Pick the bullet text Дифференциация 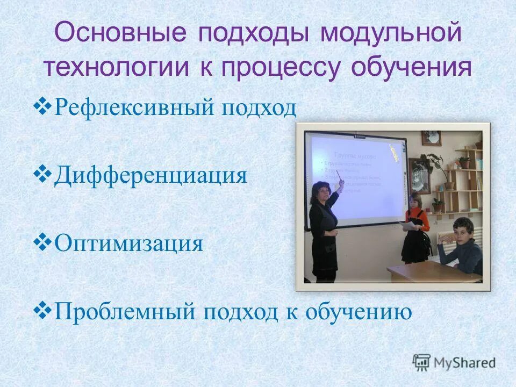[150, 175]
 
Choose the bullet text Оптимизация [128, 243]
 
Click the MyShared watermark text [465, 362]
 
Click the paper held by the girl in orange [410, 226]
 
